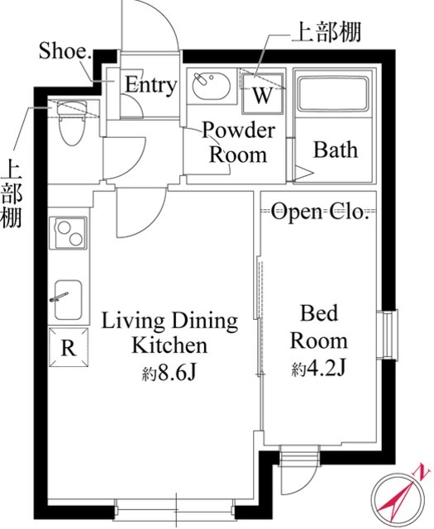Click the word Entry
coord(150,85)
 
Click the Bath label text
coord(335,150)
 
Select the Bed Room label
coord(323,327)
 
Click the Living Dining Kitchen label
coord(169,332)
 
